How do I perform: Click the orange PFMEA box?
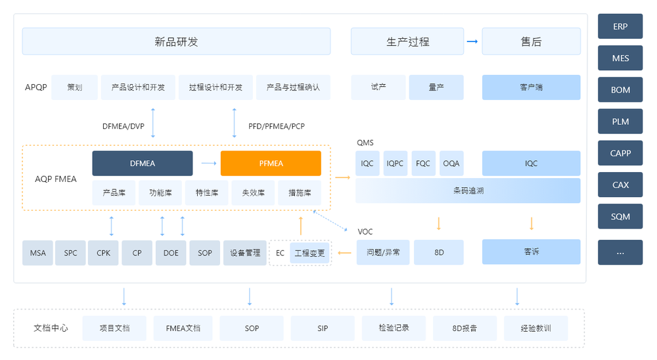(271, 163)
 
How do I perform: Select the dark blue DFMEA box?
(143, 163)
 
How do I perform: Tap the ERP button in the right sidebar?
(620, 27)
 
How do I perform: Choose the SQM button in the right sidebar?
(620, 217)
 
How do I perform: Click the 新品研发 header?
(176, 41)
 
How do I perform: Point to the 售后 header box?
(531, 41)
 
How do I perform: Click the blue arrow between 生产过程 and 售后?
(472, 41)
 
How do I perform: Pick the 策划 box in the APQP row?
(74, 87)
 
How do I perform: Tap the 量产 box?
(436, 87)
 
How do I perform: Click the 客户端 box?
(531, 87)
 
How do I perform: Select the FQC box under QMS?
(422, 163)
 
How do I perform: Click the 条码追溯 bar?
(468, 191)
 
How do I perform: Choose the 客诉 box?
(531, 252)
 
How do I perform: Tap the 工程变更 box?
(309, 253)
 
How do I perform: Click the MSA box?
(37, 253)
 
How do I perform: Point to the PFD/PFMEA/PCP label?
(276, 126)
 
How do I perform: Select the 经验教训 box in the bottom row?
(535, 328)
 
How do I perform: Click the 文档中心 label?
(51, 328)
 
